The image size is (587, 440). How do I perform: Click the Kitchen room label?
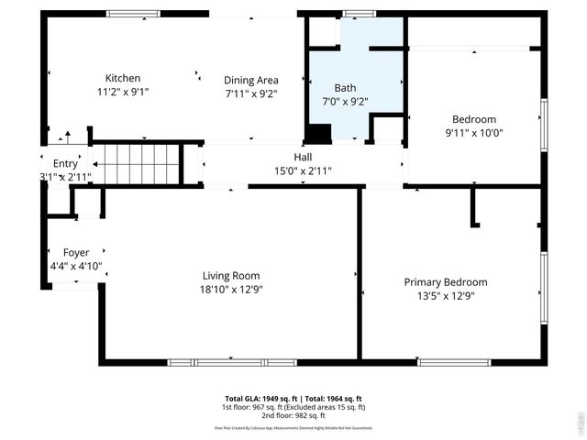(x=123, y=78)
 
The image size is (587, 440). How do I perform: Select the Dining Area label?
(x=251, y=80)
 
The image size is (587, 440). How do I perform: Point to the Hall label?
(x=303, y=157)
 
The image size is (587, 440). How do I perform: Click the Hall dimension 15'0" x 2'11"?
(x=303, y=170)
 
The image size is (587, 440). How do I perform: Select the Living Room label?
(x=231, y=275)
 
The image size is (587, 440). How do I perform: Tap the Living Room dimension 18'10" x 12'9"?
(x=231, y=290)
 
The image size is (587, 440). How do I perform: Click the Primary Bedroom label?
(x=446, y=281)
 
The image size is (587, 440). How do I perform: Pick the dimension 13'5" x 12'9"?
(x=446, y=295)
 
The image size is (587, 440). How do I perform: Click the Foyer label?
(x=76, y=252)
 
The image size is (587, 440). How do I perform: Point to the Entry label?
(x=65, y=162)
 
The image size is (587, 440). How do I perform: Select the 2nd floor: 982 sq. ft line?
(x=293, y=415)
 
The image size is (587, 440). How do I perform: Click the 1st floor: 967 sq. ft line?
(x=293, y=407)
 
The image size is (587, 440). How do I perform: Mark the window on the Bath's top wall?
(x=359, y=14)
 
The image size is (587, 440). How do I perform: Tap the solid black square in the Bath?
(x=318, y=134)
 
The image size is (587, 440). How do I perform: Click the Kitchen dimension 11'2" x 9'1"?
(x=123, y=92)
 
